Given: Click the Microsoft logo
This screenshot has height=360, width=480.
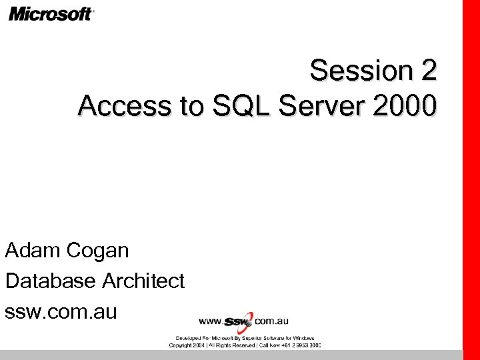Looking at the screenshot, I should [x=51, y=13].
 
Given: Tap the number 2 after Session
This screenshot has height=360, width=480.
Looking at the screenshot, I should [x=428, y=71].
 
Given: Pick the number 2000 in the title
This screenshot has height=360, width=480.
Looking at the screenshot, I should [x=407, y=105].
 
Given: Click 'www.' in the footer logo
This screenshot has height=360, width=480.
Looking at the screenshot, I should [x=211, y=322].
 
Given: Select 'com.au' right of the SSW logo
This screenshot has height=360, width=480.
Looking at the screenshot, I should [x=271, y=321].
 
